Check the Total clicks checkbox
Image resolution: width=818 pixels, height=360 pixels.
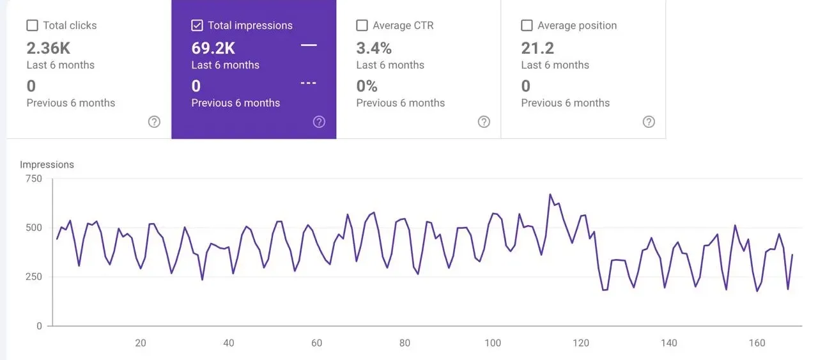click(32, 26)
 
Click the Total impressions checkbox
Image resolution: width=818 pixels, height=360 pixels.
click(197, 26)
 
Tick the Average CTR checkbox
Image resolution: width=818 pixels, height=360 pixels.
click(362, 26)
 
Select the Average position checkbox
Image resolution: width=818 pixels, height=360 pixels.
click(527, 26)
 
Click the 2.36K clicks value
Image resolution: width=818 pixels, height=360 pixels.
click(49, 48)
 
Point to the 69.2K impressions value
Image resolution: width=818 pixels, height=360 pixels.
click(213, 48)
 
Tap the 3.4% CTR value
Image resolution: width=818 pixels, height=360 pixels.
click(374, 48)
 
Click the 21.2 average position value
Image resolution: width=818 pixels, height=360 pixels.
click(537, 48)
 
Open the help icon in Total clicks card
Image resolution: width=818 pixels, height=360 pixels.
click(154, 121)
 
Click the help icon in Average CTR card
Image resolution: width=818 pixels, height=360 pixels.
click(484, 121)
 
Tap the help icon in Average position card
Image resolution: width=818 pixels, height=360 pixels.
click(649, 121)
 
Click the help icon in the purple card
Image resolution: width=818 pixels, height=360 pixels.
click(319, 121)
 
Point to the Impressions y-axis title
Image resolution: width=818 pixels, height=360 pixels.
click(47, 164)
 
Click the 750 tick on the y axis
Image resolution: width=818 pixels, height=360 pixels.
click(34, 178)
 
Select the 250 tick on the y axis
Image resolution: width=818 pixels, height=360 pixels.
click(34, 277)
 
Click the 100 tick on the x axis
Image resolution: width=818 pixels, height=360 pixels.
click(493, 343)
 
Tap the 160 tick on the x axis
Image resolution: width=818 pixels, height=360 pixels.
click(757, 343)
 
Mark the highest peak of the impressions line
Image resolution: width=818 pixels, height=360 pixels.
click(550, 194)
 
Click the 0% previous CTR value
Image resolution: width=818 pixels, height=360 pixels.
click(367, 86)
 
